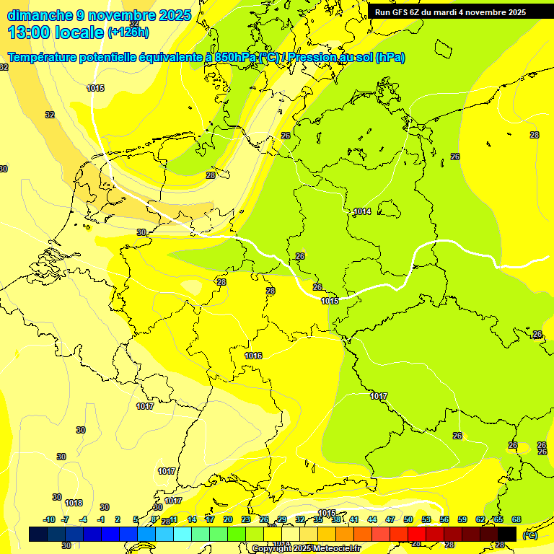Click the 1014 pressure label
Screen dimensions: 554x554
click(362, 211)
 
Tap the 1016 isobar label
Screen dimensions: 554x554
click(253, 356)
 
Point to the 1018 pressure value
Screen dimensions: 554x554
click(74, 503)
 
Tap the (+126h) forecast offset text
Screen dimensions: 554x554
click(128, 32)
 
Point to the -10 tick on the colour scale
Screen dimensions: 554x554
click(49, 519)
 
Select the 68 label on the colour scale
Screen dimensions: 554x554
click(516, 519)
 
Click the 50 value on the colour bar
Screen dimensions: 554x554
click(408, 519)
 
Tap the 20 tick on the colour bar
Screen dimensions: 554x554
click(228, 519)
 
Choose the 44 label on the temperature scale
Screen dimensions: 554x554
click(372, 519)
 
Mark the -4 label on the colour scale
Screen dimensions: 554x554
click(83, 519)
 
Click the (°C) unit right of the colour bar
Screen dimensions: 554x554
click(529, 535)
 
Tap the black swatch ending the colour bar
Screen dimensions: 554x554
click(507, 534)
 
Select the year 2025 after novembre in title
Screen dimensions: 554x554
click(174, 15)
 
